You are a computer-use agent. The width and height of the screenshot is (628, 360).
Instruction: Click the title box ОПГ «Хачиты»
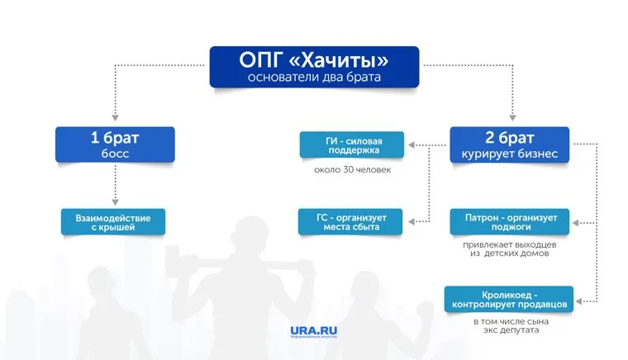tap(313, 67)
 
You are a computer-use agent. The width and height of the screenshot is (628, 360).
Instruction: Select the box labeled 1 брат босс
tap(115, 144)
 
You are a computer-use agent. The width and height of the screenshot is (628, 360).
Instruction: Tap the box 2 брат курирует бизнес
tap(509, 144)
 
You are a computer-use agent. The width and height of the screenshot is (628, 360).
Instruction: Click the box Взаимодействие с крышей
tap(113, 220)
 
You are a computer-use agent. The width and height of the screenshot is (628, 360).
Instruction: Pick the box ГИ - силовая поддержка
tap(352, 146)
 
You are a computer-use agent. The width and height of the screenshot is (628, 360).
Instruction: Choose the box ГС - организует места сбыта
tap(352, 220)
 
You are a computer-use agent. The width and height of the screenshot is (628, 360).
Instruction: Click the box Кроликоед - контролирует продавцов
tap(506, 299)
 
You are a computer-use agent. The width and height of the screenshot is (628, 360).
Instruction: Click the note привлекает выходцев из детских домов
tap(505, 249)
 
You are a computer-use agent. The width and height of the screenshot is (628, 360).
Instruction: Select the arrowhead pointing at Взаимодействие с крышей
tap(115, 202)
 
